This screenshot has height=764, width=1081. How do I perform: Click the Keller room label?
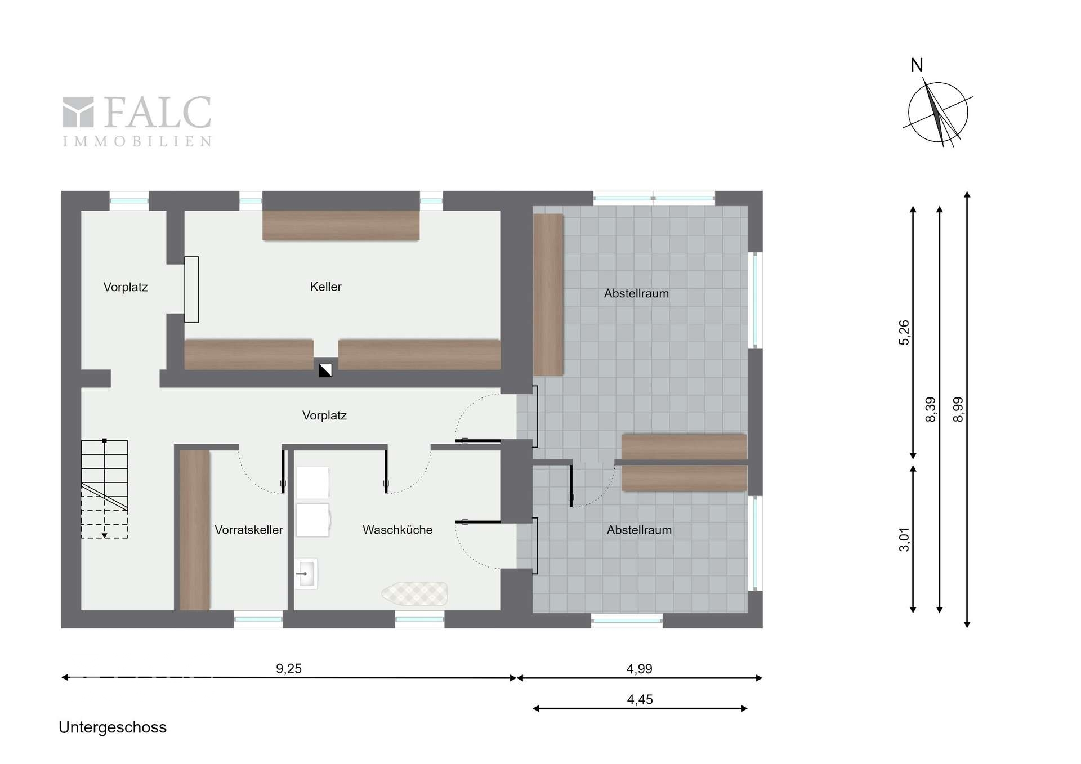point(326,287)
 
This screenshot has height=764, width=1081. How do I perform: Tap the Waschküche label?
point(397,530)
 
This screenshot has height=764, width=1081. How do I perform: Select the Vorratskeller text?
point(249,530)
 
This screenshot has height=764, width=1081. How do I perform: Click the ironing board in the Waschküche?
point(415,593)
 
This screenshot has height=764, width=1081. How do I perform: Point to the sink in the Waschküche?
point(306,574)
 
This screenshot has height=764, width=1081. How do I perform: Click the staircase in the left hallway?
point(105,489)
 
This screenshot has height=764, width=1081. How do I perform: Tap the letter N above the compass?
point(917,65)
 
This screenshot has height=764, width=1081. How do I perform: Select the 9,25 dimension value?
point(289,669)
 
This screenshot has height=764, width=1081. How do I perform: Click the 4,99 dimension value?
point(640,669)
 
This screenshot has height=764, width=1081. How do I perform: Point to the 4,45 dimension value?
point(640,699)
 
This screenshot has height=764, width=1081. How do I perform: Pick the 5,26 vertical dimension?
point(904,332)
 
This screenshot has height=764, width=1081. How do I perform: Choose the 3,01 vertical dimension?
point(904,539)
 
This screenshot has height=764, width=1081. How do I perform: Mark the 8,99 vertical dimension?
point(958,409)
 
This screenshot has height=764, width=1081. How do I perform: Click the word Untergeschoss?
point(113,727)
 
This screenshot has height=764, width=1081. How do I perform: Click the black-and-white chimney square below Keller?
point(325,370)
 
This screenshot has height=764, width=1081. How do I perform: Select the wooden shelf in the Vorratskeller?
point(195,530)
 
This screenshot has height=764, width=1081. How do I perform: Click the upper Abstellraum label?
point(637,293)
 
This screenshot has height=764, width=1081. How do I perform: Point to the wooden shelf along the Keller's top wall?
point(341,225)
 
